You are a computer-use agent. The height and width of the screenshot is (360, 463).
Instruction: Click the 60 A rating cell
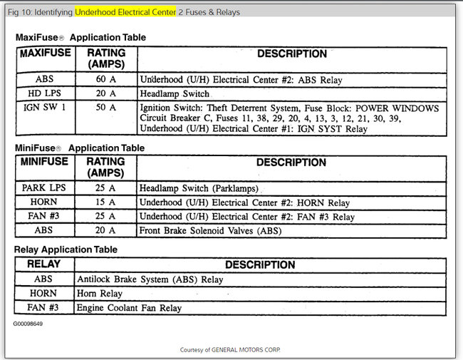click(105, 80)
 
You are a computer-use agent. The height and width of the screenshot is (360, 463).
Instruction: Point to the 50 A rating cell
click(105, 108)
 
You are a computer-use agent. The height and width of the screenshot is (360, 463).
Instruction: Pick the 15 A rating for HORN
click(105, 202)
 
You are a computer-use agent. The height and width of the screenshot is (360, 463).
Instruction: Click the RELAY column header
click(43, 264)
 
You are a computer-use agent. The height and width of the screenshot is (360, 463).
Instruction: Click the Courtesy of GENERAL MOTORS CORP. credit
click(231, 349)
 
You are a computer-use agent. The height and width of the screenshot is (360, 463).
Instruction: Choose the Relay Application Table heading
click(66, 250)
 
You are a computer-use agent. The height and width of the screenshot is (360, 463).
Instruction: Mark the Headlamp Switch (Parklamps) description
click(199, 188)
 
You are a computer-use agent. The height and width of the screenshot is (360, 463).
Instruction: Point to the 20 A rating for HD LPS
click(105, 94)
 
